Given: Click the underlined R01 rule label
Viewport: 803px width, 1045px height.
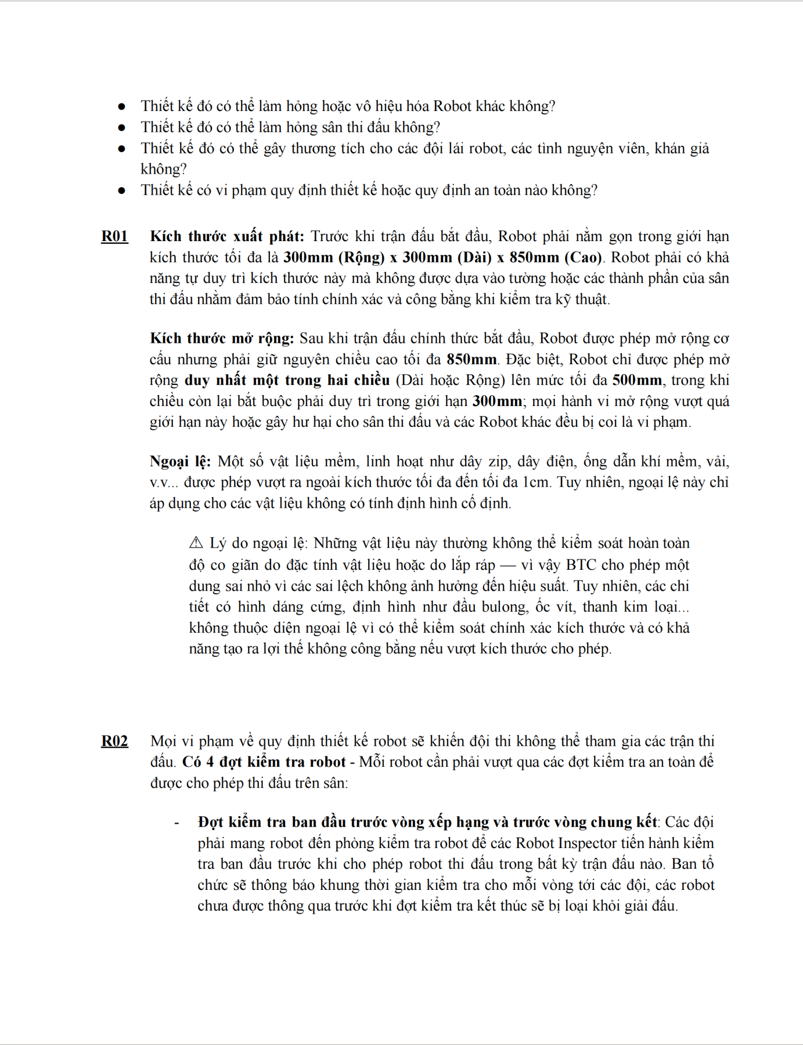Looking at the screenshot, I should pyautogui.click(x=114, y=236).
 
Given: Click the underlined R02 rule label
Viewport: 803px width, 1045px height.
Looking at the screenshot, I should pyautogui.click(x=114, y=741).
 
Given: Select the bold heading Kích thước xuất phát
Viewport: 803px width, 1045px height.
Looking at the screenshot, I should pyautogui.click(x=227, y=236).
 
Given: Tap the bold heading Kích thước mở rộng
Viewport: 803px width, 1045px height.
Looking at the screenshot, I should pyautogui.click(x=221, y=338).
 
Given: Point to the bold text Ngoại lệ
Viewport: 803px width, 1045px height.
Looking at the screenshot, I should pyautogui.click(x=180, y=462).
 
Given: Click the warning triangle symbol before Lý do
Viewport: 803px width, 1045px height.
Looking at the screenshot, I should pyautogui.click(x=196, y=543).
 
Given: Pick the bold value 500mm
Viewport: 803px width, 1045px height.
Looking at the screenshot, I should pyautogui.click(x=637, y=380).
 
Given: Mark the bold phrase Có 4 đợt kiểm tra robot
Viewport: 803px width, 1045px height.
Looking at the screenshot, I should pyautogui.click(x=264, y=761).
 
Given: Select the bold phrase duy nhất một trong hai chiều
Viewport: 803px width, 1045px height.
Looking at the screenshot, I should pyautogui.click(x=287, y=380).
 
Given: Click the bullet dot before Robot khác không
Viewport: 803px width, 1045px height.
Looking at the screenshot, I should pyautogui.click(x=122, y=106).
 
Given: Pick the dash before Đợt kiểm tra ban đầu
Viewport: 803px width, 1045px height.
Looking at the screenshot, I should pyautogui.click(x=177, y=822).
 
